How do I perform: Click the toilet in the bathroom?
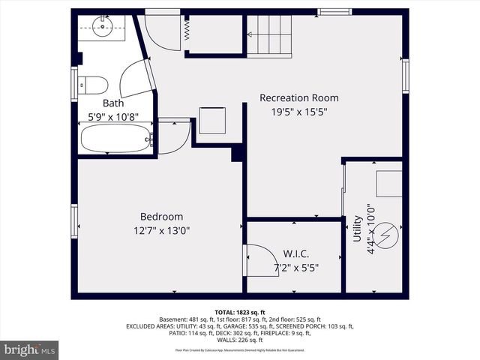(x=94, y=83)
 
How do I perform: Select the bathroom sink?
(x=102, y=28)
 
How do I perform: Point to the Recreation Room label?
(x=298, y=97)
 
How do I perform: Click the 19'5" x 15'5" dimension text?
(x=298, y=112)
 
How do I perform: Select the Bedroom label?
(x=161, y=217)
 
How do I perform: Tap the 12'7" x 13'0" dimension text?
(x=161, y=231)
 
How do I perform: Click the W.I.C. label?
(x=296, y=253)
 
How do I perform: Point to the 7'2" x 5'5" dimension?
(x=296, y=267)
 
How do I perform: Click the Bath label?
(x=113, y=103)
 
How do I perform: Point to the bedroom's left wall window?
(x=74, y=221)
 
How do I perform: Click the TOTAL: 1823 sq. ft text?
(x=240, y=312)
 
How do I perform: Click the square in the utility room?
(x=388, y=183)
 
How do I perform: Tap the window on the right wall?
(x=405, y=76)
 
